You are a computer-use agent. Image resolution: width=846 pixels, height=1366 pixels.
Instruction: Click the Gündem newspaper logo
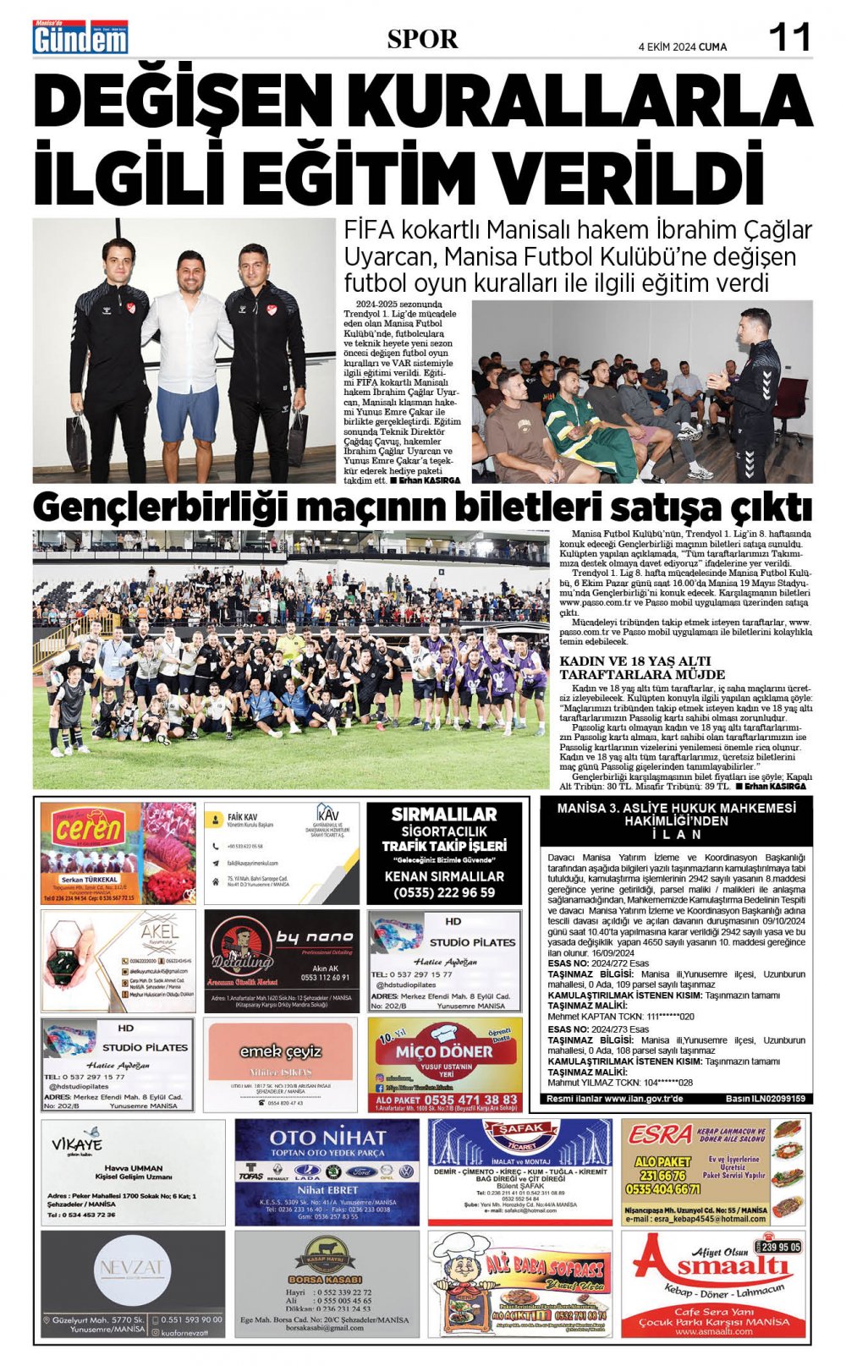80,38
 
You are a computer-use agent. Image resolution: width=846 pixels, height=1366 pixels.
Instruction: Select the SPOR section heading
422,39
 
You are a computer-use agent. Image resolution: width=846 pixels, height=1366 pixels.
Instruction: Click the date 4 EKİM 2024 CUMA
682,47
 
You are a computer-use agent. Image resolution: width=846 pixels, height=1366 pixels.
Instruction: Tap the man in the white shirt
188,347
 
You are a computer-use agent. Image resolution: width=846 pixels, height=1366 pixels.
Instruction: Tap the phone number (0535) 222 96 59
444,892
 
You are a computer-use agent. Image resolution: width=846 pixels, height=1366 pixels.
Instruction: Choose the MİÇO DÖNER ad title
444,1051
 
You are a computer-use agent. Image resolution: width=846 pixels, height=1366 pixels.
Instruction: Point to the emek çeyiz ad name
280,1051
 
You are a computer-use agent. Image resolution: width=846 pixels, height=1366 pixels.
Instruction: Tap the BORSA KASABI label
325,1279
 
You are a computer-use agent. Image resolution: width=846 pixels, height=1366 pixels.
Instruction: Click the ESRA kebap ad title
661,1133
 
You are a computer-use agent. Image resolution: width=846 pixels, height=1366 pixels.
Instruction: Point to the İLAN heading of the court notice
676,834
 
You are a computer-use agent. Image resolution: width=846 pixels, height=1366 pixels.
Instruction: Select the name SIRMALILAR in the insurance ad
444,815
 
